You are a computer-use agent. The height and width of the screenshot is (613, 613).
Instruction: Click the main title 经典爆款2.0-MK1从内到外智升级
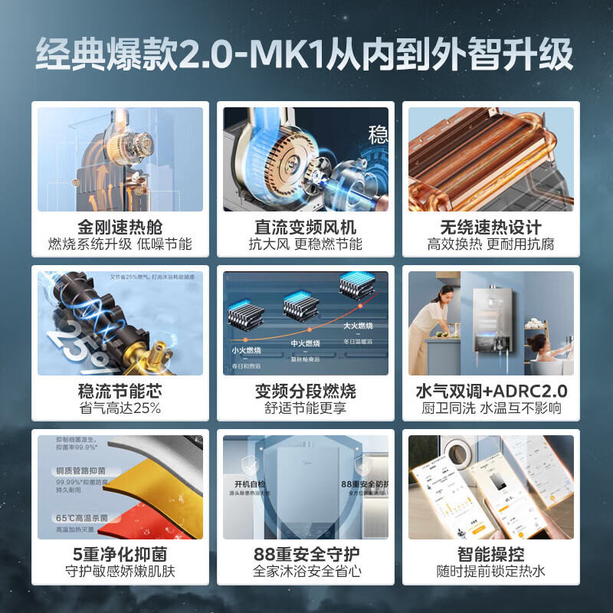[x=306, y=57]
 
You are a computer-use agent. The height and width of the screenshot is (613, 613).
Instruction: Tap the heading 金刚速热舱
[x=120, y=228]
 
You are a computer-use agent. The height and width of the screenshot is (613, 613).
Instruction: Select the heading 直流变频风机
[x=306, y=228]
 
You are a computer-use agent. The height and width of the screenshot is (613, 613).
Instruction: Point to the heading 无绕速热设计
[x=491, y=228]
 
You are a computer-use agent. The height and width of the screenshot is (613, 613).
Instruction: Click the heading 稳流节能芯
[x=120, y=391]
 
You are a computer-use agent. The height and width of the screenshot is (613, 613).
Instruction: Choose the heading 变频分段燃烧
[x=306, y=391]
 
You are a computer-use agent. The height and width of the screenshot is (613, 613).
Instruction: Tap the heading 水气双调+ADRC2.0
[x=491, y=391]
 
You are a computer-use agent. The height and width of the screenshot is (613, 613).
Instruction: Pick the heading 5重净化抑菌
[x=120, y=554]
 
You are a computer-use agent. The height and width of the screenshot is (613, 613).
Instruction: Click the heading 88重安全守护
[x=306, y=554]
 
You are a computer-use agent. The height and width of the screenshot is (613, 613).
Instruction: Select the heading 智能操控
[x=491, y=554]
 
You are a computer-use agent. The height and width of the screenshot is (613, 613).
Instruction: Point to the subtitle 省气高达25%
[x=120, y=408]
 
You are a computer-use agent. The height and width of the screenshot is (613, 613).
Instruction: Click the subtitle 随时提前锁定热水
[x=491, y=572]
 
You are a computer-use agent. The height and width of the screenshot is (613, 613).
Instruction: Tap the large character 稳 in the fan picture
[x=378, y=136]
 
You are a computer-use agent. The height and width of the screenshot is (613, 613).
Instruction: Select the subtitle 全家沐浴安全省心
[x=306, y=572]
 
